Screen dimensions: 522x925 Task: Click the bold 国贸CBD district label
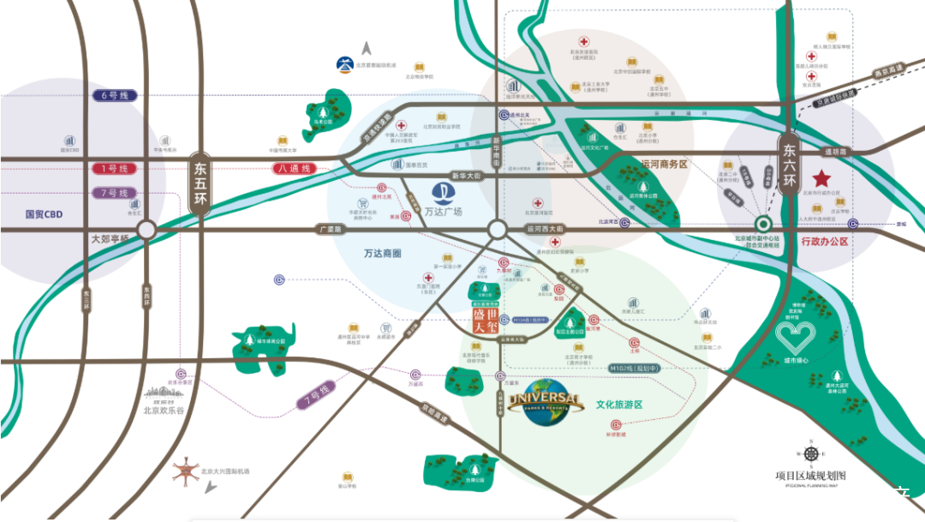tap(44, 214)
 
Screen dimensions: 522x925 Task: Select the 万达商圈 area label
tap(383, 254)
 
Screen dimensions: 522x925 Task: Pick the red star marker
tap(821, 179)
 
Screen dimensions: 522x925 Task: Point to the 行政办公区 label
tap(825, 243)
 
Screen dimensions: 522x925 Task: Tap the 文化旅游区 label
tap(619, 404)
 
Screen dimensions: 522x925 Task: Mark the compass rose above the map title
tap(809, 454)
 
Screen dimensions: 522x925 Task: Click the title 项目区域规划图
tap(810, 475)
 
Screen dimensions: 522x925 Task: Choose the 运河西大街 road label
tap(545, 230)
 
